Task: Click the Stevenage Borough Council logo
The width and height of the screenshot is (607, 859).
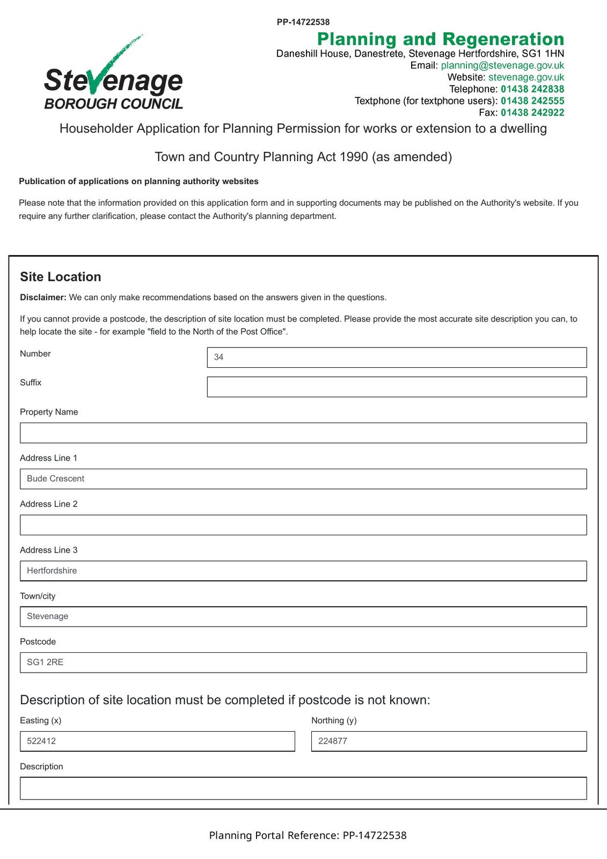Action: click(113, 75)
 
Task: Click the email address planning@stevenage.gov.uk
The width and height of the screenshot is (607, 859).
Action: click(502, 65)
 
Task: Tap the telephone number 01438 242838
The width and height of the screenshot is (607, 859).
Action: click(532, 89)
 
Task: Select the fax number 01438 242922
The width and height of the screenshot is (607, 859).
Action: click(532, 113)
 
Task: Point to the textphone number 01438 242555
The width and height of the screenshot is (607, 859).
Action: click(532, 101)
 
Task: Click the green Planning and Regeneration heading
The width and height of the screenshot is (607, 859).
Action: click(441, 39)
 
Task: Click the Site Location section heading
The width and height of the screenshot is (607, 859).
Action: click(61, 277)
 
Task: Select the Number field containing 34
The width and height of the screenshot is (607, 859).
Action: click(397, 358)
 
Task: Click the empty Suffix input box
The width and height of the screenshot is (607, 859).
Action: click(397, 387)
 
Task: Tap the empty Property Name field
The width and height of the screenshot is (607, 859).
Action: click(303, 433)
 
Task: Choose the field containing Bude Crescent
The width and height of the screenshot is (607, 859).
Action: click(303, 479)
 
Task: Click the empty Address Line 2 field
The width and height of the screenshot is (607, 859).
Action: click(303, 525)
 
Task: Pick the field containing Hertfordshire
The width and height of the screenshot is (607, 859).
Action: click(303, 571)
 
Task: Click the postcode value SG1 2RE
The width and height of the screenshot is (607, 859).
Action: click(45, 663)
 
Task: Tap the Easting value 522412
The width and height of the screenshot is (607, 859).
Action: click(41, 741)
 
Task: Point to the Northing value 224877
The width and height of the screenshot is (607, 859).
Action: click(333, 741)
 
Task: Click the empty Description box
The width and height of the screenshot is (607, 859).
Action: click(303, 788)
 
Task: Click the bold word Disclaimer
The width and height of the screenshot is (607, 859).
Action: click(43, 297)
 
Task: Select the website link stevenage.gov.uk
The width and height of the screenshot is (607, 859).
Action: click(526, 77)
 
